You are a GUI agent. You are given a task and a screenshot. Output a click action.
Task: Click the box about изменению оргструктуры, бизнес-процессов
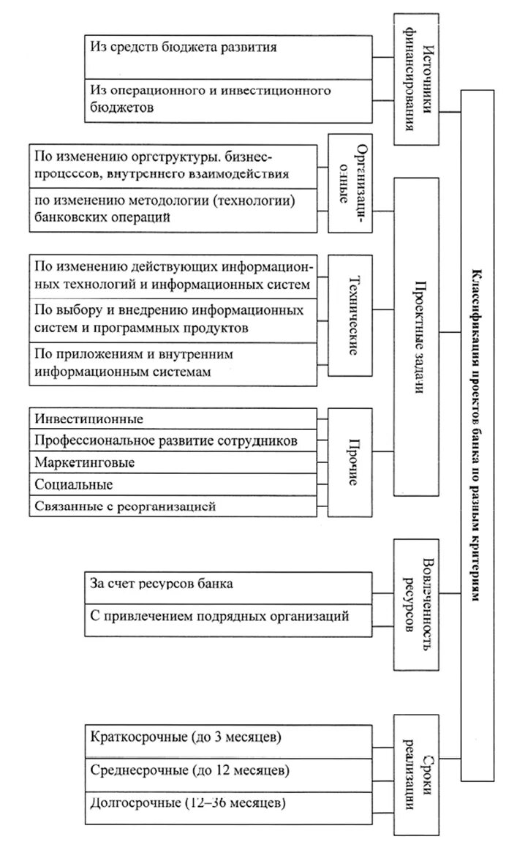tap(173, 167)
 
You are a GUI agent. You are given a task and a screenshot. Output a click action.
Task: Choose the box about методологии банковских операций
tap(173, 210)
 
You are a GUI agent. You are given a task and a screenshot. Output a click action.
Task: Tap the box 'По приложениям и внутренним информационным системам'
tap(173, 364)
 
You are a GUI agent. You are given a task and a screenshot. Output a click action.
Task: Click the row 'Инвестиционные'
tap(173, 418)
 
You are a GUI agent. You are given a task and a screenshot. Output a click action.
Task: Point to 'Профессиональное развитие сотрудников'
tap(173, 441)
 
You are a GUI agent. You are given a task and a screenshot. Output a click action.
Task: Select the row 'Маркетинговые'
tap(173, 463)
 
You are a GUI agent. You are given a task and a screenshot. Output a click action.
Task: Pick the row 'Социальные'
tap(173, 484)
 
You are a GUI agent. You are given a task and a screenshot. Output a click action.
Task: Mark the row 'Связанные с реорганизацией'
tap(173, 505)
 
